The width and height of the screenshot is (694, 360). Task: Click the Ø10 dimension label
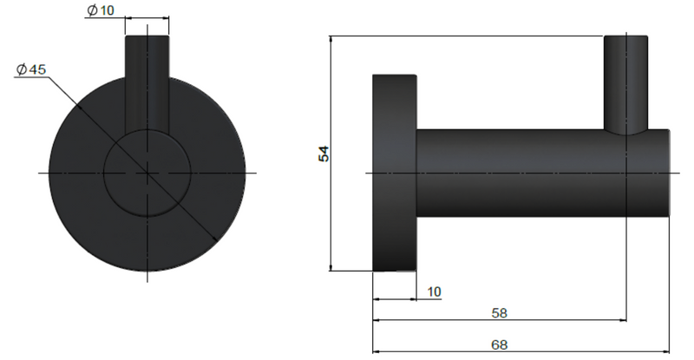(101, 11)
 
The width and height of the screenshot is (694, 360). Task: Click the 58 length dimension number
(499, 311)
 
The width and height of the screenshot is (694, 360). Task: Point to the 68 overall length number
(499, 344)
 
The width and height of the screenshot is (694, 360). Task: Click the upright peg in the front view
(147, 82)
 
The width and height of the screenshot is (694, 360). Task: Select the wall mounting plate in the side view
(395, 173)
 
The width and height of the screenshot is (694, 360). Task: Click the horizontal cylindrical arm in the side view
(520, 173)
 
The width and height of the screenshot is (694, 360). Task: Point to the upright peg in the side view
(625, 82)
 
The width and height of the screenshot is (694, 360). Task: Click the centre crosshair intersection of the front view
(147, 173)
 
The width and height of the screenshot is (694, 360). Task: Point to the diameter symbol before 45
(20, 69)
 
